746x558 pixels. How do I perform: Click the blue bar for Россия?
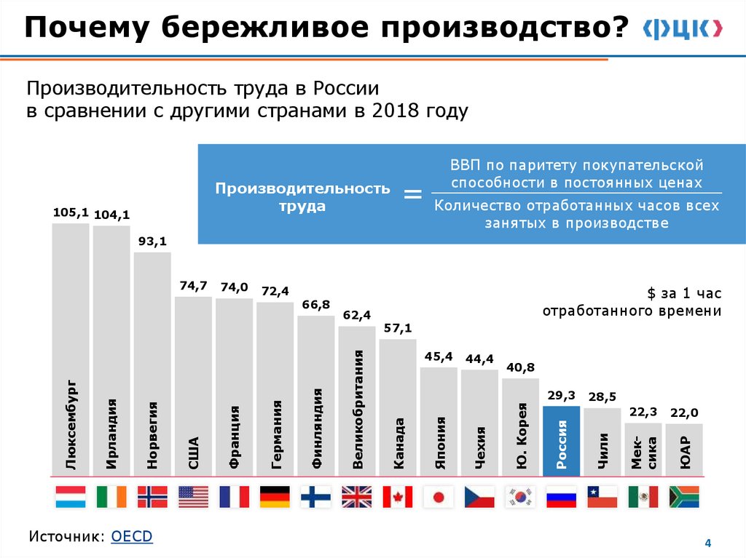561,441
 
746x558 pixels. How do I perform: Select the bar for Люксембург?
71,349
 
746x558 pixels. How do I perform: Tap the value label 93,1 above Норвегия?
152,242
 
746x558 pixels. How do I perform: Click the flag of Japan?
438,497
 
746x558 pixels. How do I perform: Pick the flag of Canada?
397,497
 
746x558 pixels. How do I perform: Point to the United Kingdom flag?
356,497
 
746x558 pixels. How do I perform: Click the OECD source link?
132,536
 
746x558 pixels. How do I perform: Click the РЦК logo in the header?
683,28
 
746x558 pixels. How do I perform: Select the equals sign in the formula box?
413,194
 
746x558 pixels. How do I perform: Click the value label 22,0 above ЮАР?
683,412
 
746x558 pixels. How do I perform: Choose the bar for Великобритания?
357,401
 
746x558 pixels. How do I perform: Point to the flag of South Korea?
520,497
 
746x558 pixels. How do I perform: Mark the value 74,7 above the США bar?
194,286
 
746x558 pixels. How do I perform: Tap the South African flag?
683,497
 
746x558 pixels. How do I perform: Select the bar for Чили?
602,442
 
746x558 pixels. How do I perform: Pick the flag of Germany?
275,497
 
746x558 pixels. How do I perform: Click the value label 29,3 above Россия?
561,395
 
